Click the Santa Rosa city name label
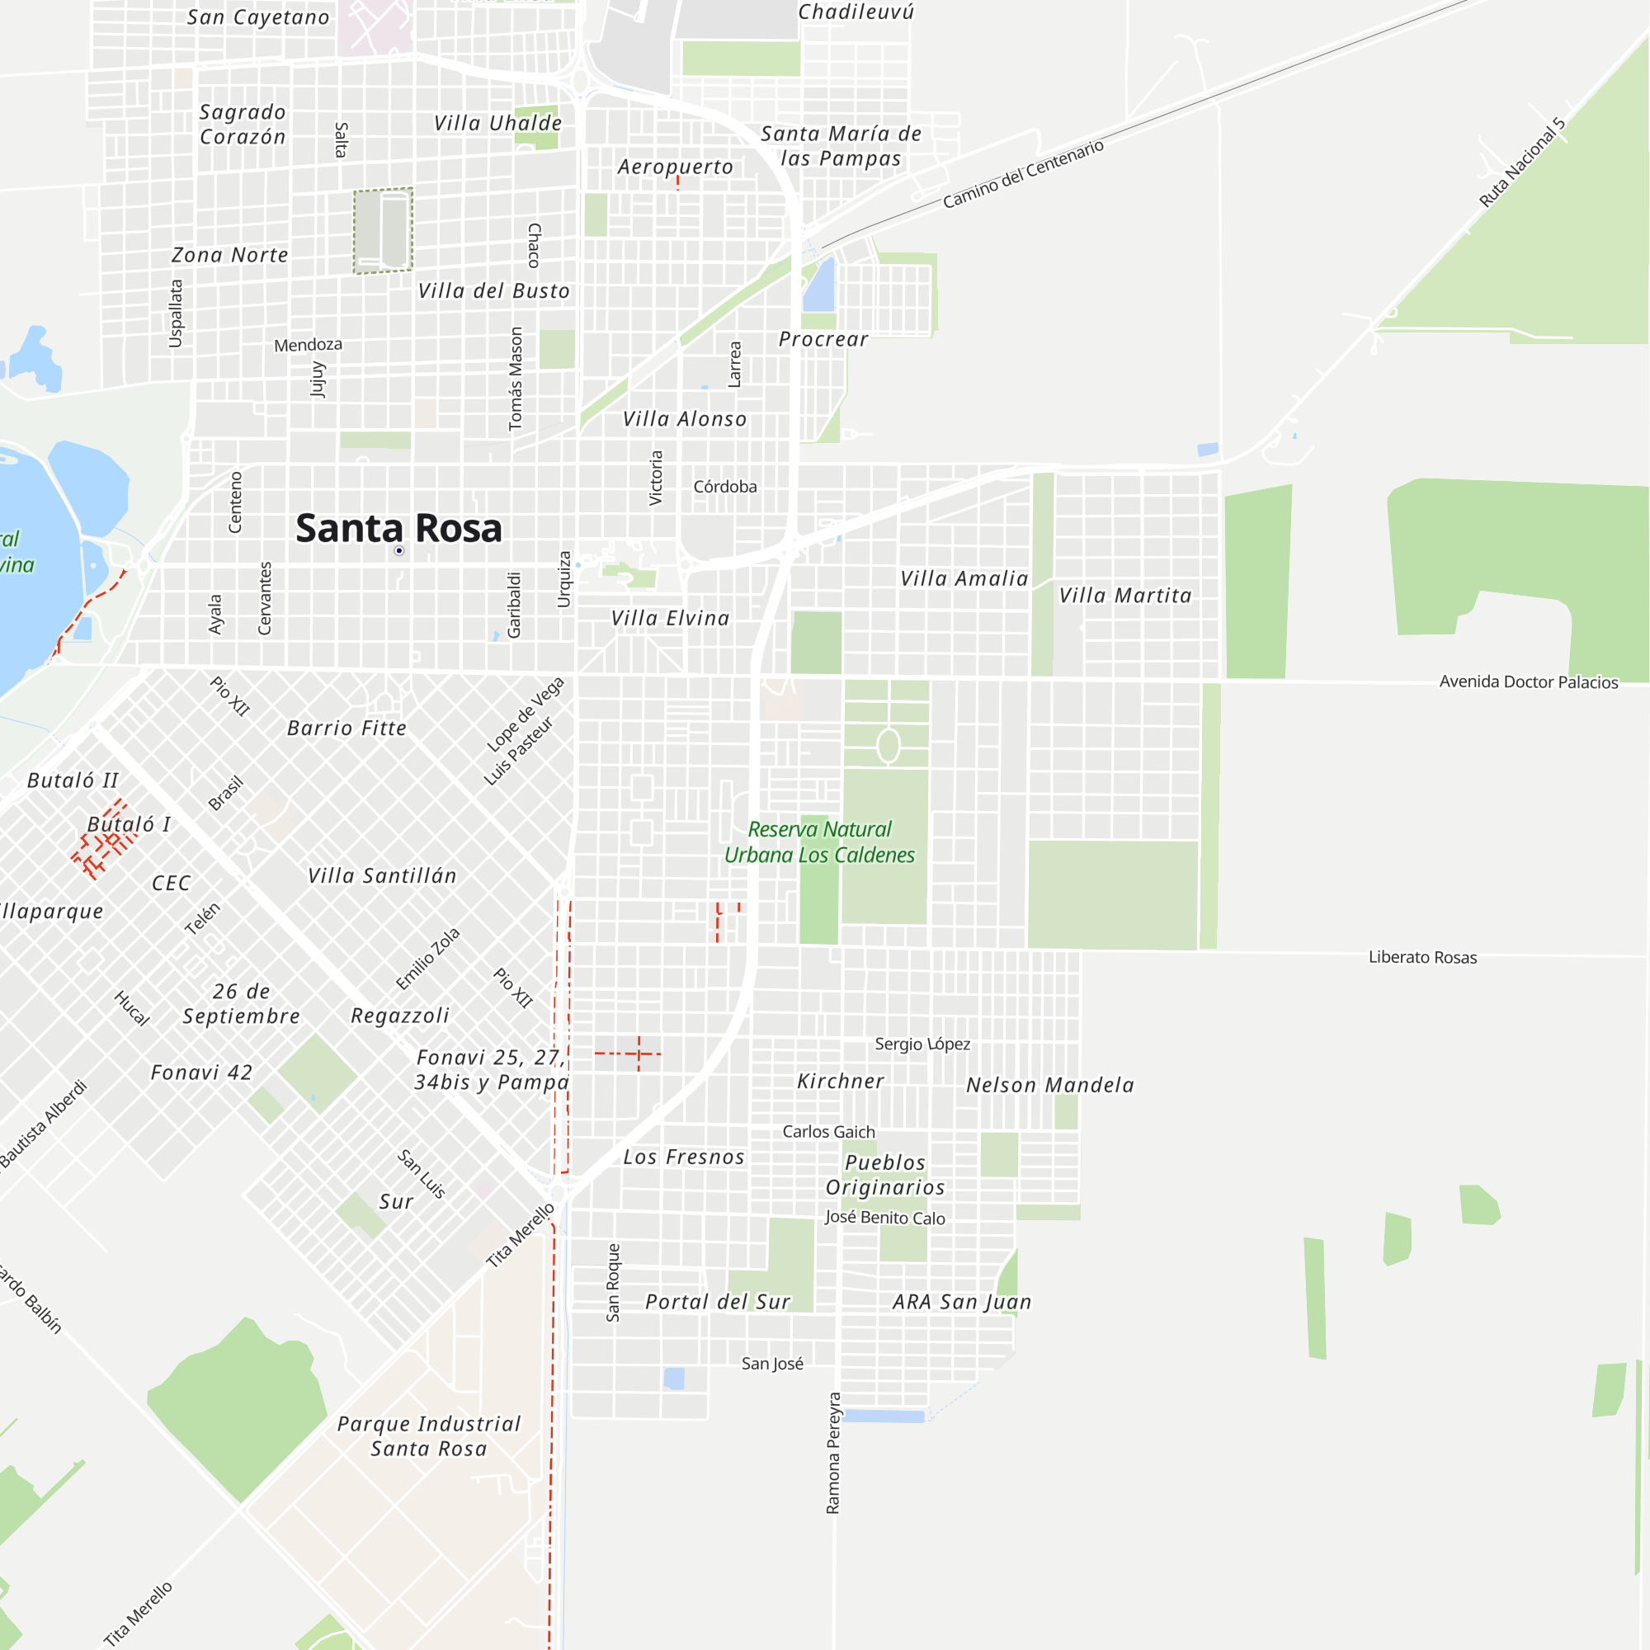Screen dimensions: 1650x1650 (x=398, y=528)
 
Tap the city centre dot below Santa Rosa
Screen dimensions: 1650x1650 (x=398, y=551)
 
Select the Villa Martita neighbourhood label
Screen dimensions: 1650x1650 (x=1124, y=596)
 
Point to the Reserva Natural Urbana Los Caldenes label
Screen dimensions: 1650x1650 (x=819, y=842)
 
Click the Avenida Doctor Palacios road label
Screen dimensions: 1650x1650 (x=1528, y=681)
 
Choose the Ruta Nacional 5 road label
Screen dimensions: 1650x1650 (x=1522, y=163)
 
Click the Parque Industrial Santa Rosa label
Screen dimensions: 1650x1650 (x=429, y=1435)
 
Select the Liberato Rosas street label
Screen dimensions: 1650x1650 (x=1422, y=957)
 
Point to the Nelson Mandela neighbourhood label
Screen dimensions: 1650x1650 (x=1049, y=1085)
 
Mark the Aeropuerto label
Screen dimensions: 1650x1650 (x=675, y=167)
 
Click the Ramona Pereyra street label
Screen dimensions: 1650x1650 (x=833, y=1453)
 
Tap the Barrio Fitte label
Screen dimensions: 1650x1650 (x=346, y=728)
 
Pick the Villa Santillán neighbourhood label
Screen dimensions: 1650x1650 (x=382, y=875)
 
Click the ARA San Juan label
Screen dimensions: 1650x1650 (x=962, y=1302)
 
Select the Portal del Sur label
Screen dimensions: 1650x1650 (x=718, y=1302)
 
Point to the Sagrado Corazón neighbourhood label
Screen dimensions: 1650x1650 (x=243, y=124)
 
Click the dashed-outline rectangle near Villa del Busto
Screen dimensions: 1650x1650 (x=384, y=231)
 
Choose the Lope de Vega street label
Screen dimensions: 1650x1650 (x=526, y=714)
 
